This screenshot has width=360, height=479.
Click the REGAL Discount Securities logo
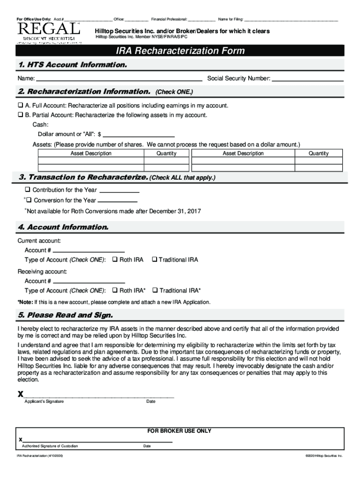pos(49,33)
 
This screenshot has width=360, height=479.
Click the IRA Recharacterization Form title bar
pos(180,51)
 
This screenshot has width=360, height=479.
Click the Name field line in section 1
pos(119,79)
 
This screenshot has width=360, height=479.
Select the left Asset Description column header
pos(91,153)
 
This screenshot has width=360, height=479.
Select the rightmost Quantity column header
pos(318,153)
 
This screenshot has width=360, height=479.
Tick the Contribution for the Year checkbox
pos(28,190)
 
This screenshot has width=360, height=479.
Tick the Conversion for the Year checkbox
pos(29,200)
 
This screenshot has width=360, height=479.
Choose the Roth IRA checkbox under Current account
pos(115,260)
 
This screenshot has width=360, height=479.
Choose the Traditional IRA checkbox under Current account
pos(154,260)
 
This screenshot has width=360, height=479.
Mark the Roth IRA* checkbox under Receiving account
pos(115,290)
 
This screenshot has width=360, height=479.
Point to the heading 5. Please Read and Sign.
pos(65,315)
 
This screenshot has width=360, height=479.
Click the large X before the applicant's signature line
pos(21,393)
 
